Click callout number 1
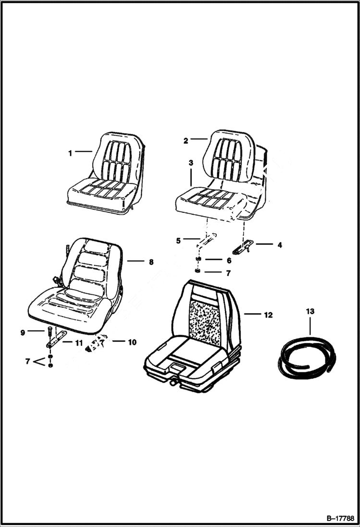[x=70, y=153]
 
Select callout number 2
[x=186, y=141]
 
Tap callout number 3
[x=191, y=163]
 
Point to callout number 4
[x=280, y=245]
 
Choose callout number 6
[x=229, y=260]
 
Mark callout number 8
[x=151, y=262]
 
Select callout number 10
[x=132, y=343]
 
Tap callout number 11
[x=78, y=342]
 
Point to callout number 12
[x=268, y=315]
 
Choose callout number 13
[x=310, y=312]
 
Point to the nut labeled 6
[x=198, y=260]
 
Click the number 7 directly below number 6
[x=229, y=273]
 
